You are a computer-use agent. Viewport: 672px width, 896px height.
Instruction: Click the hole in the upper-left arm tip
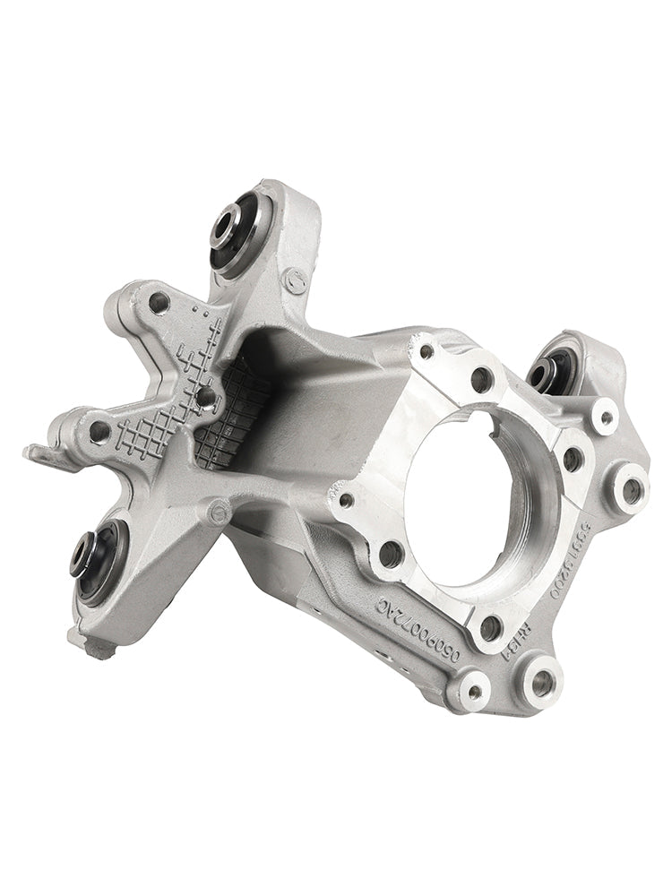point(159,303)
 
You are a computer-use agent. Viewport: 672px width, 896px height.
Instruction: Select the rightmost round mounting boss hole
point(632,489)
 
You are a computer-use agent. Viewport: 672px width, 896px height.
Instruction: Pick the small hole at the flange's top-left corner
point(426,350)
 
